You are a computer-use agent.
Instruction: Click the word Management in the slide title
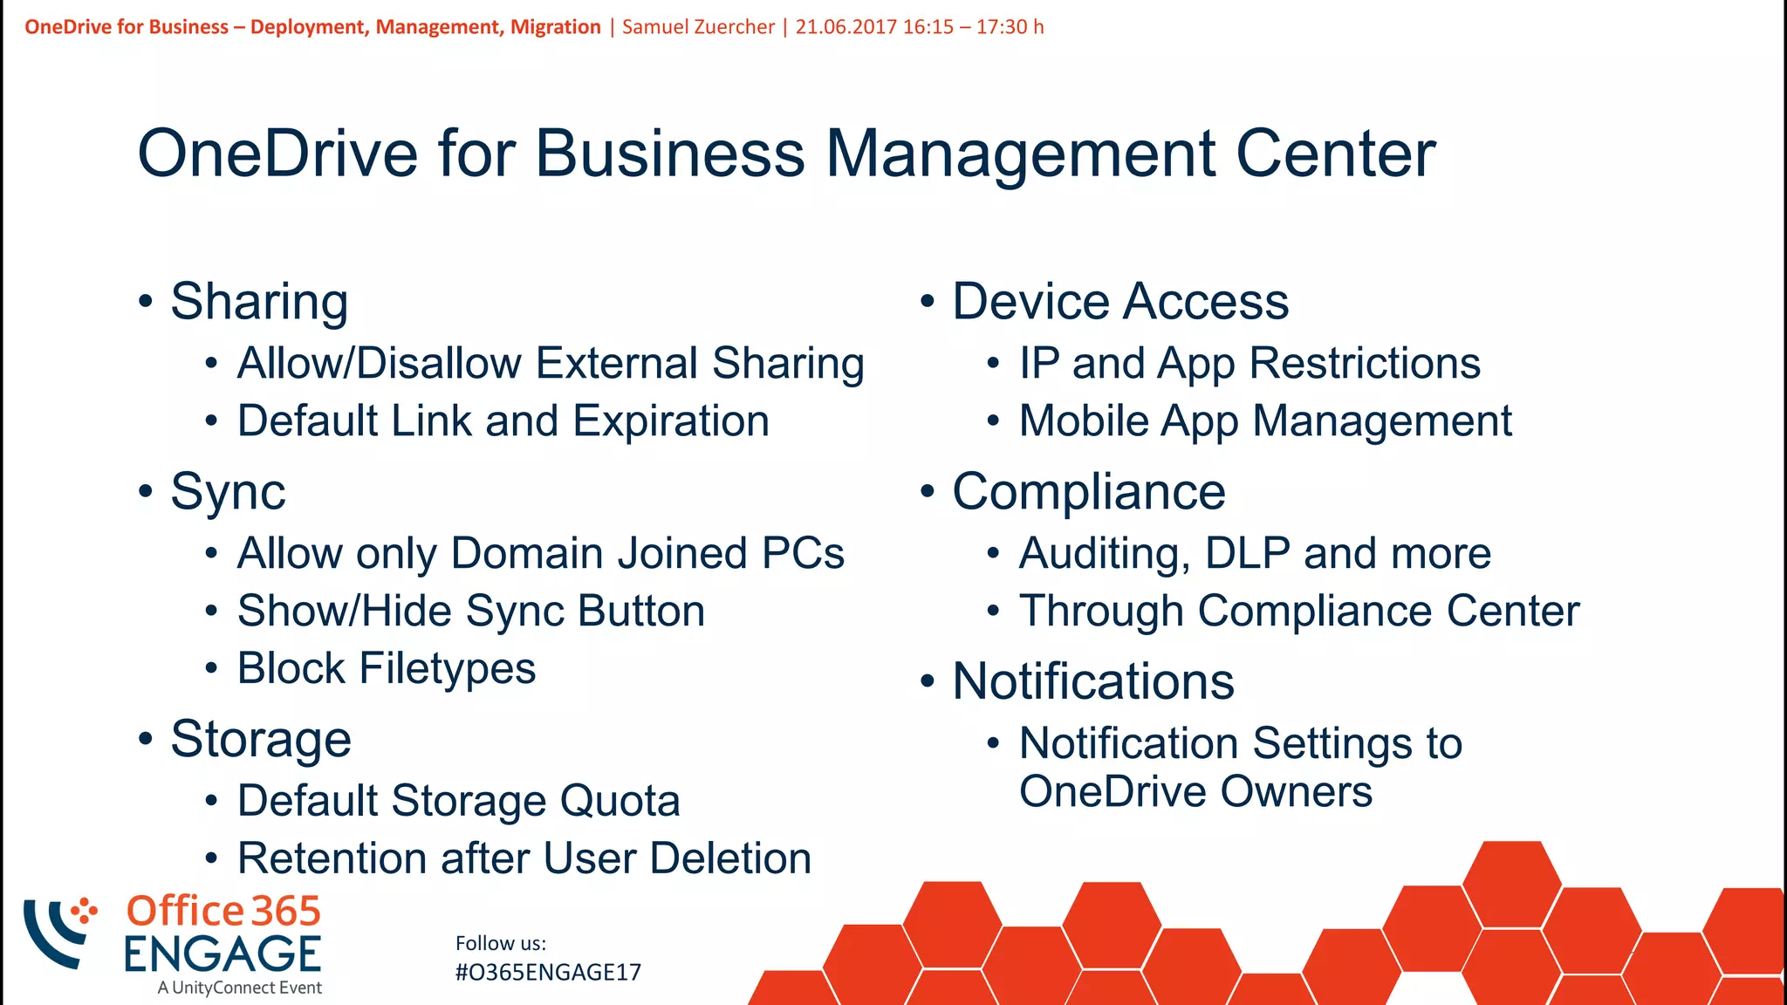point(1020,154)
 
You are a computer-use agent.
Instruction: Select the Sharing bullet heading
point(259,303)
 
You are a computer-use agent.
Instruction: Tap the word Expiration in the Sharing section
point(671,421)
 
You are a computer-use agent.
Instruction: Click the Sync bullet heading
point(228,492)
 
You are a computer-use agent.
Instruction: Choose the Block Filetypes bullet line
point(386,669)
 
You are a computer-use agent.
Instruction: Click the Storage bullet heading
point(261,740)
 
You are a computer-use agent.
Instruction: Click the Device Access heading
point(1120,302)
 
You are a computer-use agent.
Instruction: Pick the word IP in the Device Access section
point(1039,364)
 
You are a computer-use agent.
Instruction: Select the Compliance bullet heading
point(1089,492)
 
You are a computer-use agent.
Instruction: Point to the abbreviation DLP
point(1247,554)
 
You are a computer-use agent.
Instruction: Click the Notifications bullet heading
point(1093,681)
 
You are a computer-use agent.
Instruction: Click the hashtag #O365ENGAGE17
point(548,973)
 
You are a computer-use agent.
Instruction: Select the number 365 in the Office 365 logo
point(286,912)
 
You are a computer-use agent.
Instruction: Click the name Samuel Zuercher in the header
point(698,27)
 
